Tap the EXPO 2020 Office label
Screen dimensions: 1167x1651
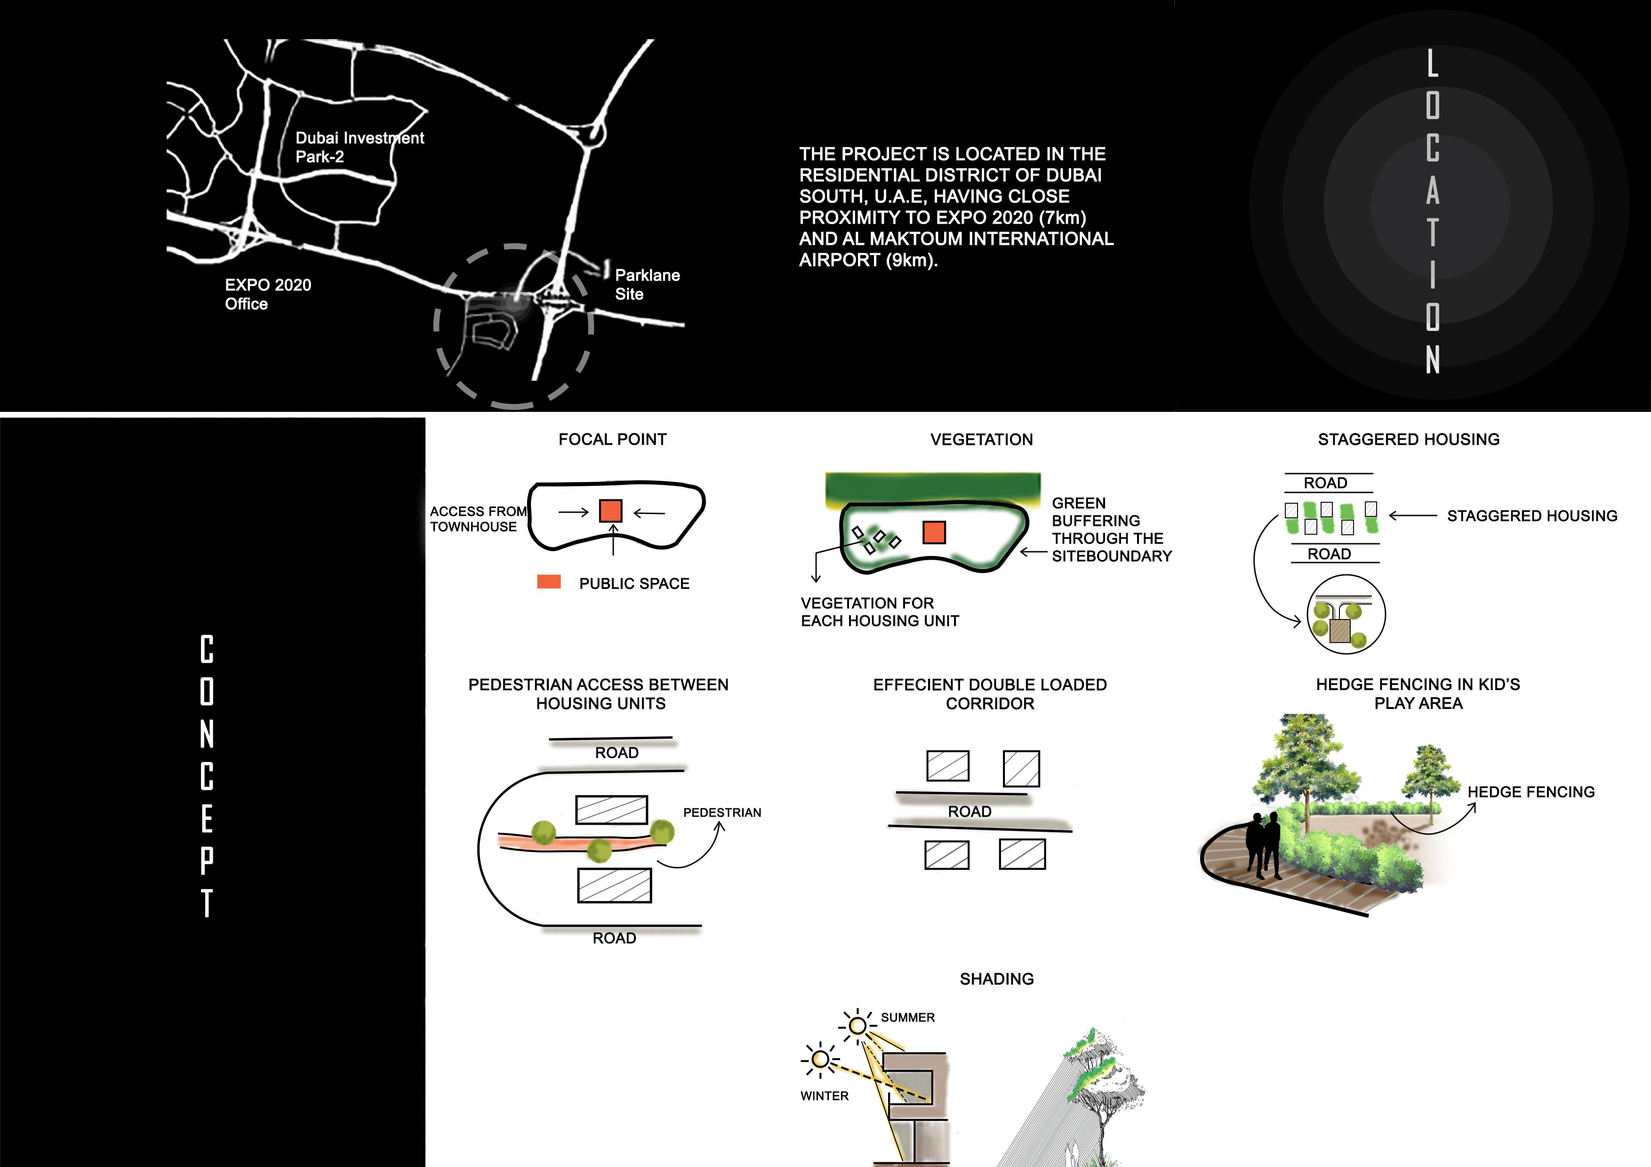coord(267,294)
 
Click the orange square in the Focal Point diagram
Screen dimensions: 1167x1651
coord(610,510)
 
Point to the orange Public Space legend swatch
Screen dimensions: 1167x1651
coord(549,582)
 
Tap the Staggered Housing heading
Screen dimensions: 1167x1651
coord(1408,439)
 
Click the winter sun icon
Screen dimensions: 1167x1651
coord(820,1059)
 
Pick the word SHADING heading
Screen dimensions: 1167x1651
coord(997,979)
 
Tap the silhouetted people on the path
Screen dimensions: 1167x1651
coord(1263,845)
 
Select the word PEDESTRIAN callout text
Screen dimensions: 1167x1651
coord(722,813)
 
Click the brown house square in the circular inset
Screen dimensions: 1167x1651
coord(1339,631)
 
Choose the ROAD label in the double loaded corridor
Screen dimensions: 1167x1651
coord(970,812)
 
